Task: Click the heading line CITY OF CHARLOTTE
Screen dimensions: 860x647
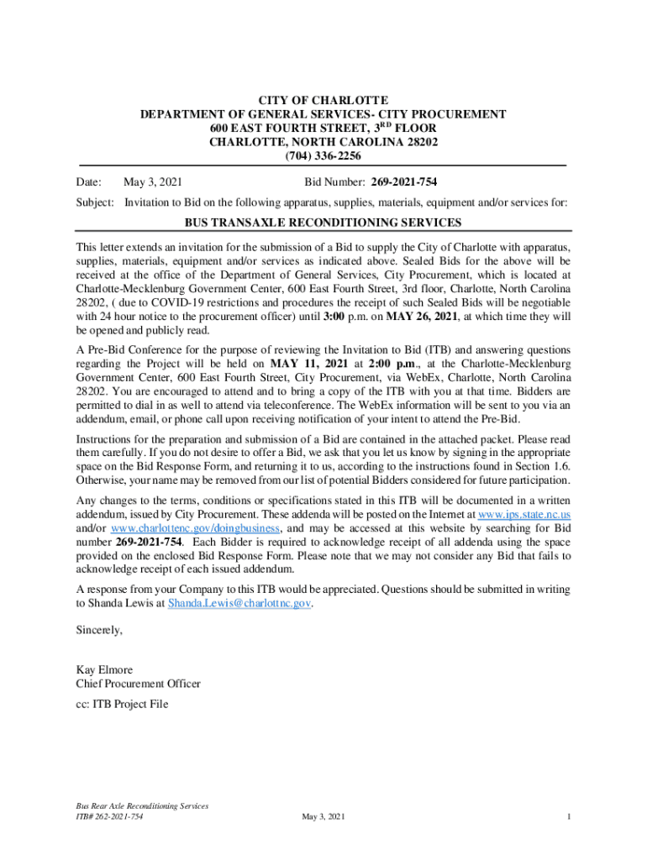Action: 323,100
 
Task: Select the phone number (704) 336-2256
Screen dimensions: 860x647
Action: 323,156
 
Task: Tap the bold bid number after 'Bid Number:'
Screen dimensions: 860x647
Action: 402,181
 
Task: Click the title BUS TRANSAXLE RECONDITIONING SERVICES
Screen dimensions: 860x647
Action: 323,223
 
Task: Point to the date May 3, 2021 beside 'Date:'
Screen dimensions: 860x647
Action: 153,181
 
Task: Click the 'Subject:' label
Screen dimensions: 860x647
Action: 95,202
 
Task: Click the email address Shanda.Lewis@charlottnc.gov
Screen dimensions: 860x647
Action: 240,603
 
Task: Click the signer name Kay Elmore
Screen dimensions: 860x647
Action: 105,670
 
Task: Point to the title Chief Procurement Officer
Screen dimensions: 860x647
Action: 139,684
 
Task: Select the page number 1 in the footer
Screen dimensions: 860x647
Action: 569,816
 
